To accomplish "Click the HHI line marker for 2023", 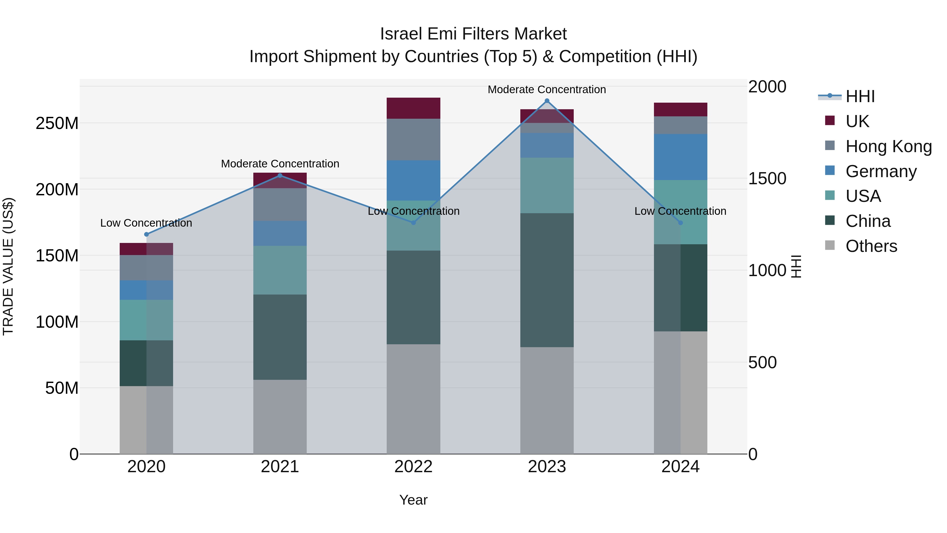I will [547, 101].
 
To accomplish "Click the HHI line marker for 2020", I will [146, 234].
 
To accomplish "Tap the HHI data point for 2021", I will [280, 176].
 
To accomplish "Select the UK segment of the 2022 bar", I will [413, 108].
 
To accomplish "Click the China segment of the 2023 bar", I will [547, 280].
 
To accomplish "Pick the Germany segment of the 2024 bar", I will [680, 157].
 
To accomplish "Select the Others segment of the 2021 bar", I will [280, 417].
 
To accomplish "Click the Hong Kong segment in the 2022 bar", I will [413, 140].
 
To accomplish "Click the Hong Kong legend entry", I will [888, 146].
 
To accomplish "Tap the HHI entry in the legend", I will [859, 96].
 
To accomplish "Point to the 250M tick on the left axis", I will [57, 123].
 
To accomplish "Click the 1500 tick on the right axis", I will [767, 178].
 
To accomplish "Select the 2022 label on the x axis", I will [413, 467].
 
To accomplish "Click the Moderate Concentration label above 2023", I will [547, 89].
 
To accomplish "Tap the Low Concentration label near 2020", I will [146, 223].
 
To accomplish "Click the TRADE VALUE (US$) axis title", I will [8, 266].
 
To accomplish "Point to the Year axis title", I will [413, 500].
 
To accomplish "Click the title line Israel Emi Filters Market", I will [473, 34].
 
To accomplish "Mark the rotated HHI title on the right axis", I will [796, 266].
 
